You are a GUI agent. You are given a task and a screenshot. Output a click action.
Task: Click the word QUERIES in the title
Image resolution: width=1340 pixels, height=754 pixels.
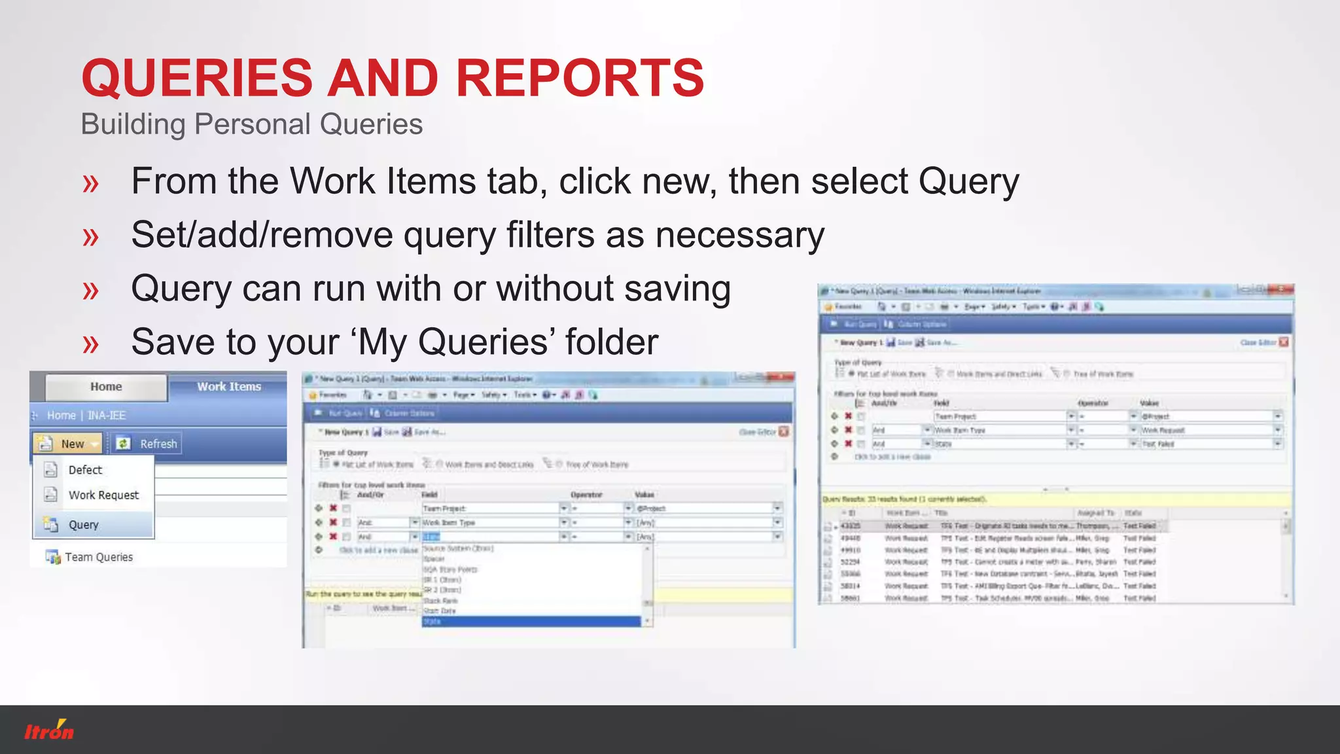click(197, 79)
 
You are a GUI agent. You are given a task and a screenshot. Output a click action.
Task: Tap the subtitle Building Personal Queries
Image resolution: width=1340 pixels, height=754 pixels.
click(251, 124)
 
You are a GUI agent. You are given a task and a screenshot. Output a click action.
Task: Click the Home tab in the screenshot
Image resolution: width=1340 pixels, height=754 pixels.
click(106, 387)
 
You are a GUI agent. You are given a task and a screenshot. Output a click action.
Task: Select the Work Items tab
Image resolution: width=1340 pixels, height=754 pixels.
click(229, 387)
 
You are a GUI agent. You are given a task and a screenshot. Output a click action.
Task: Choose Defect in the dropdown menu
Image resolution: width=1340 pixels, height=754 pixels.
click(85, 470)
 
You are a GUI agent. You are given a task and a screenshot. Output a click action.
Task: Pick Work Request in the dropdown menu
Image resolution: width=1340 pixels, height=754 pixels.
click(103, 495)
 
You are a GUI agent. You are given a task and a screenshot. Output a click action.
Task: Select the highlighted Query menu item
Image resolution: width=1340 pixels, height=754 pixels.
click(84, 525)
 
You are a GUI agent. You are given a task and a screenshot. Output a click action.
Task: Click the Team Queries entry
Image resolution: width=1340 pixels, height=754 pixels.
click(98, 557)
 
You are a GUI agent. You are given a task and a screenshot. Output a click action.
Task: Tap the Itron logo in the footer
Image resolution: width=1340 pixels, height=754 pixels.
click(49, 730)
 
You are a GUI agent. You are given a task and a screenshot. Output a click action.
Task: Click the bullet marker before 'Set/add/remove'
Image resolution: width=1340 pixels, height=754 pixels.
click(90, 237)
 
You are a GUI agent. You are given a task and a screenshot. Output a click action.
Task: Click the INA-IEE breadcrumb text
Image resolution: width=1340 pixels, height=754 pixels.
click(107, 416)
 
